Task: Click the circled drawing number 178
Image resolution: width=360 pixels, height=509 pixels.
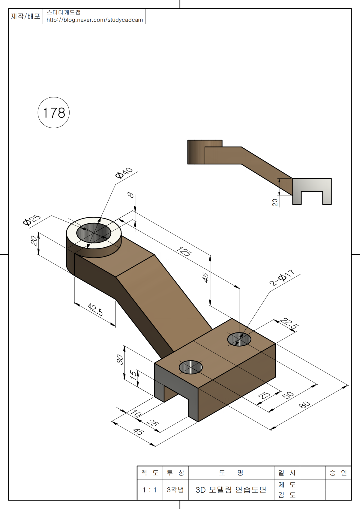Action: point(54,113)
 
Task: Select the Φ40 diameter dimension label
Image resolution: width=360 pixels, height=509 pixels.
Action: point(124,174)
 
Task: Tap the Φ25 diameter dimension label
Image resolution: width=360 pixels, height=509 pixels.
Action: point(32,220)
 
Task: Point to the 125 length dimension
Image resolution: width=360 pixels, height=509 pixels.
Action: point(184,252)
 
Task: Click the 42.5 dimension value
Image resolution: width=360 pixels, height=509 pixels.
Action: point(95,309)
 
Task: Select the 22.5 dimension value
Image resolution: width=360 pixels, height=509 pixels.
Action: point(289,324)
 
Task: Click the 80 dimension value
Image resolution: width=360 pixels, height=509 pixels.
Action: point(304,405)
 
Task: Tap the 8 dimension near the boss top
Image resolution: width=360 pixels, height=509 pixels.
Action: point(130,195)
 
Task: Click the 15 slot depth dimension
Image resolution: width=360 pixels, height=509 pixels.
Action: point(133,375)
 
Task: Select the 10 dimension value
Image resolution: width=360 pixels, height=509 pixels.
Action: point(136,414)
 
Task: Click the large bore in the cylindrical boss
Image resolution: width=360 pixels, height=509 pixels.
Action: point(94,233)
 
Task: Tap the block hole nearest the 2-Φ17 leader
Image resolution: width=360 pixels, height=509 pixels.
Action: point(239,339)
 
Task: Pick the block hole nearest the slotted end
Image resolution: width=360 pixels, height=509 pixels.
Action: point(190,367)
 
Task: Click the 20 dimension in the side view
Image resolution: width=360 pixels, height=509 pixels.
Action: point(275,203)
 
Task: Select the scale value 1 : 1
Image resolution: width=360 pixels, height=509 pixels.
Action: point(150,490)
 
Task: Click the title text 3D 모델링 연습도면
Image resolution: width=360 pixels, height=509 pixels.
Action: point(231,490)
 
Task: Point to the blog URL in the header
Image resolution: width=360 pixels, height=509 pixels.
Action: point(94,20)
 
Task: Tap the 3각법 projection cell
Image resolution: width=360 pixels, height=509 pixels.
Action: point(175,490)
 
